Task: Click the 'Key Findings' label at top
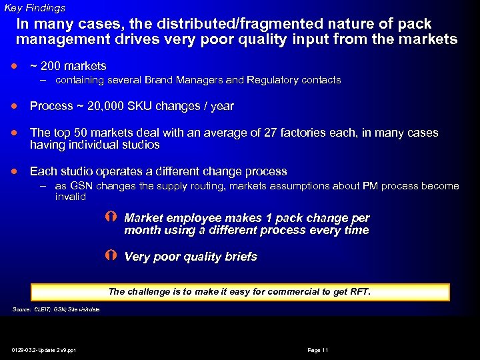click(x=35, y=8)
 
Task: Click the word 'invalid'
click(x=71, y=197)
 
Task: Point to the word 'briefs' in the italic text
click(x=240, y=257)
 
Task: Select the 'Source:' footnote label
click(x=21, y=309)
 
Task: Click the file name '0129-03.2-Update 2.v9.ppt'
click(x=44, y=350)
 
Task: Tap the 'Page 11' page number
click(x=317, y=350)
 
